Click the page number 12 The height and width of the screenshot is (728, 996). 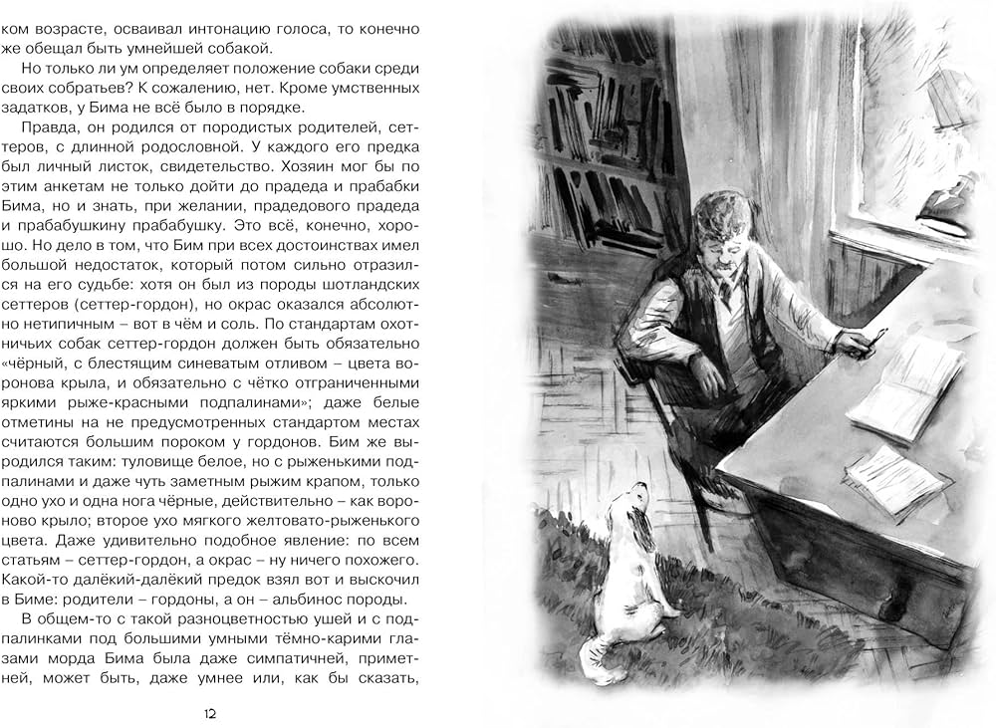click(209, 713)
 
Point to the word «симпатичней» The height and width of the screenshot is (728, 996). click(330, 662)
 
